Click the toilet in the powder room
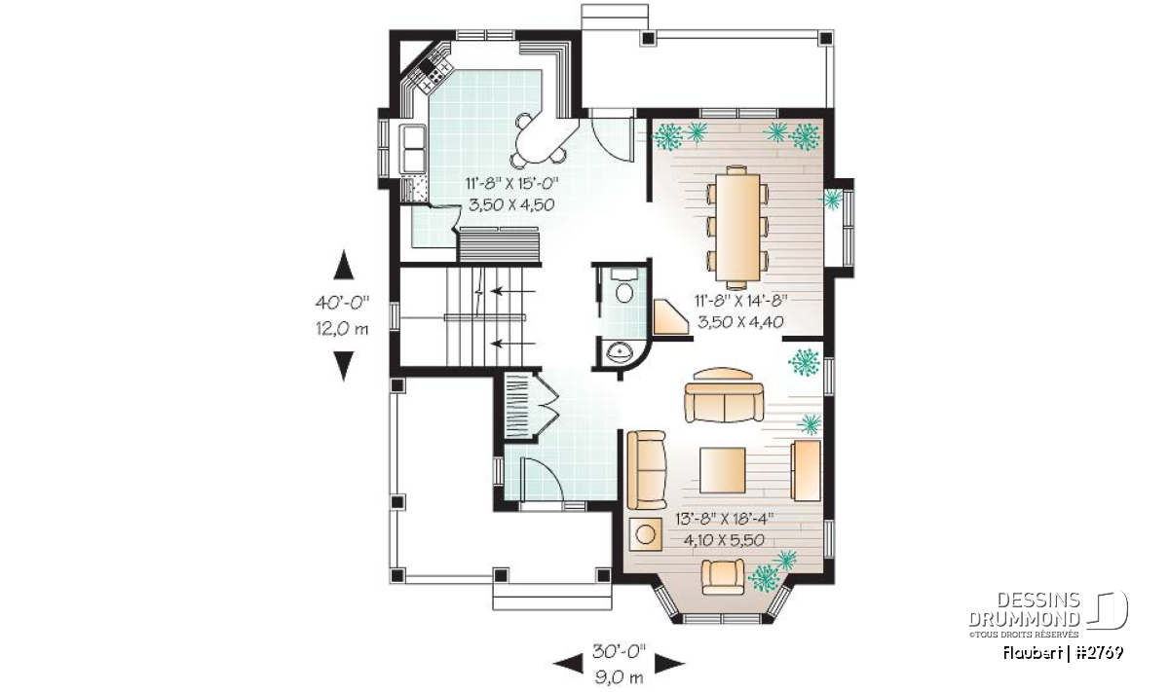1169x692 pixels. point(623,288)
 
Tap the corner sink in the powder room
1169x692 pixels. point(620,353)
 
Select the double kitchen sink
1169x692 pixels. point(413,149)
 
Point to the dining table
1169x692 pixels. point(737,227)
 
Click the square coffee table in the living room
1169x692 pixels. point(722,470)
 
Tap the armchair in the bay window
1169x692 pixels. point(723,577)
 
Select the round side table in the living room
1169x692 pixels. point(646,534)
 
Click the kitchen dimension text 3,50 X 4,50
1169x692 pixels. point(511,205)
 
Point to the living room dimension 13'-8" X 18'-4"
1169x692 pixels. point(725,519)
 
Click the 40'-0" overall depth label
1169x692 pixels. point(342,303)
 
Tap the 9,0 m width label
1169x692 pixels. point(619,678)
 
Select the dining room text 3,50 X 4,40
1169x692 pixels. point(740,322)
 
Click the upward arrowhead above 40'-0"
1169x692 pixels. point(343,265)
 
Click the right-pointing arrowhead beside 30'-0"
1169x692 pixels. point(669,664)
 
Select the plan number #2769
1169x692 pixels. point(1099,653)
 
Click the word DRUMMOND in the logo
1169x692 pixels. point(1025,619)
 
